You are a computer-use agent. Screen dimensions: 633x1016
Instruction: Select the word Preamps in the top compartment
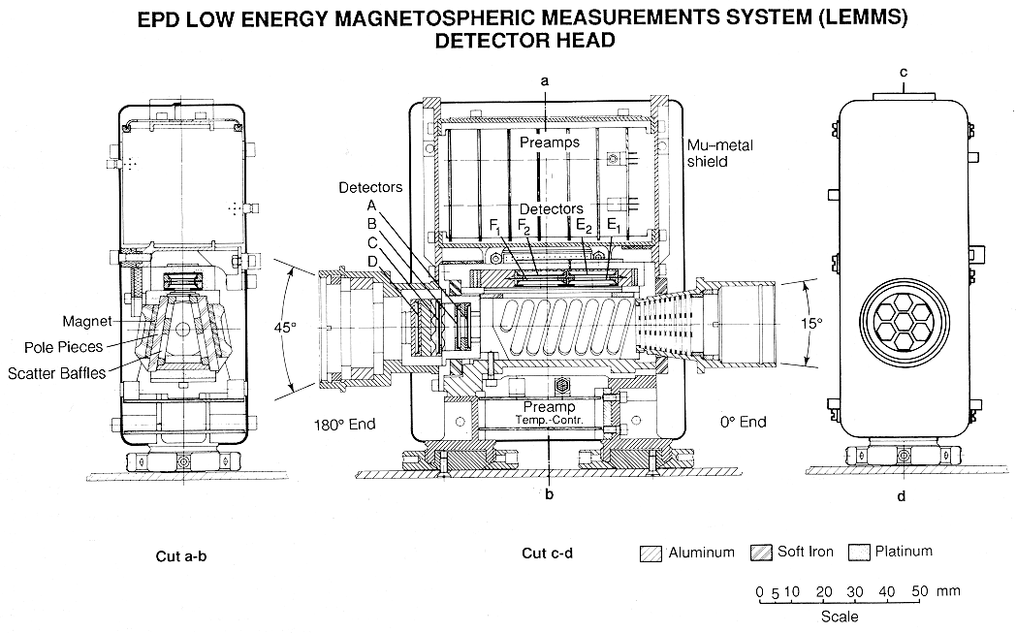pos(549,142)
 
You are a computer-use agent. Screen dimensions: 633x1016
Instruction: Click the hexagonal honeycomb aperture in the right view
pos(902,323)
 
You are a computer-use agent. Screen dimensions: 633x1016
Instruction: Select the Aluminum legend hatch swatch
pos(651,553)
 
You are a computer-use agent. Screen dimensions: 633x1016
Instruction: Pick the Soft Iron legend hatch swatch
pos(762,553)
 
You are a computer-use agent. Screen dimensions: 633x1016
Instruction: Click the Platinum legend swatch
pos(858,553)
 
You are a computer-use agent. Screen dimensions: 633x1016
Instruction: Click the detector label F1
pos(494,229)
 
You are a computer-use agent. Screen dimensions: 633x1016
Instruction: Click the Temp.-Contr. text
pos(550,420)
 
